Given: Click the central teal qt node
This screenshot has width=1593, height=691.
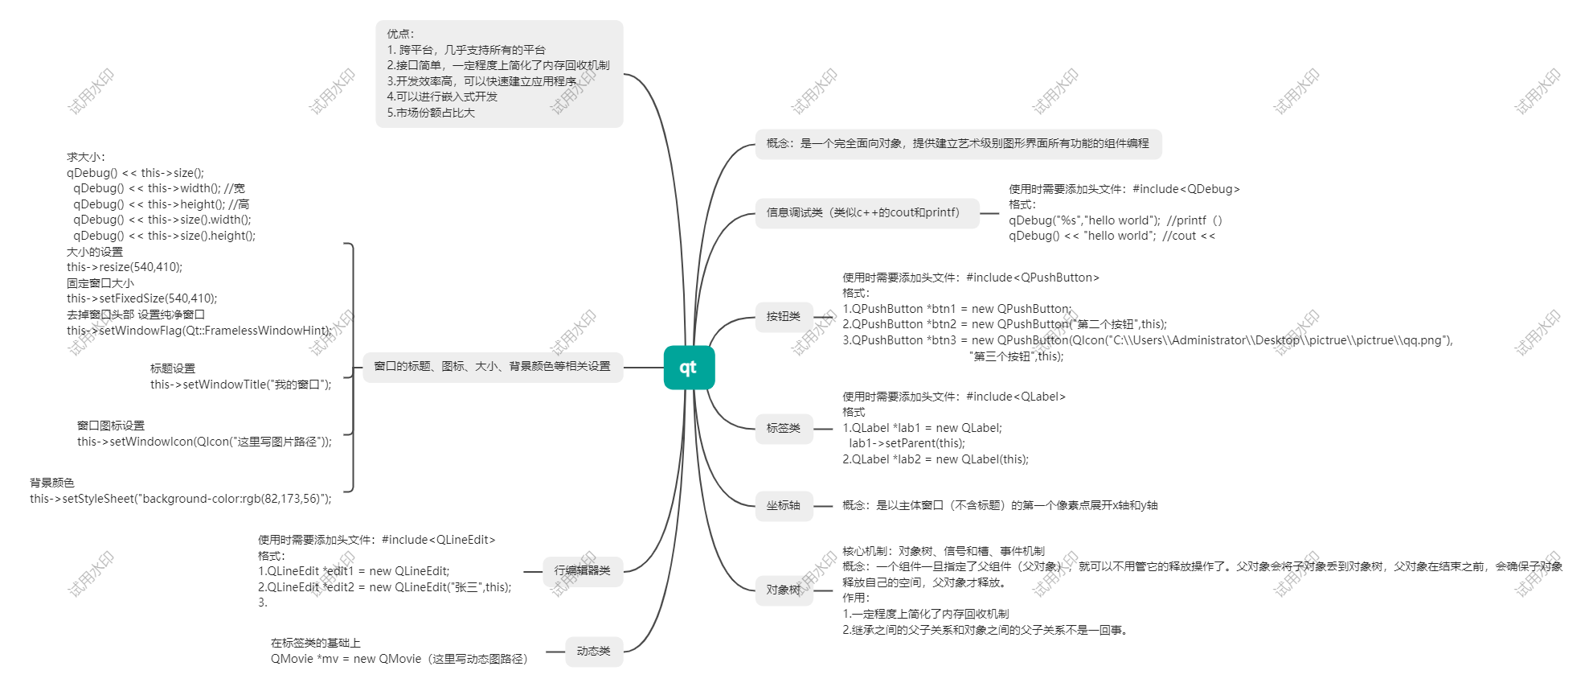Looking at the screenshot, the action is click(689, 368).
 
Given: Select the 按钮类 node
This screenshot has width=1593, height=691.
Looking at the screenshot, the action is click(784, 317).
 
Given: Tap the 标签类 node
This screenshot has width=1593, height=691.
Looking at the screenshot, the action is click(784, 429).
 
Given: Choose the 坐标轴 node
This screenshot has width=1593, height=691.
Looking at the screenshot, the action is click(784, 506).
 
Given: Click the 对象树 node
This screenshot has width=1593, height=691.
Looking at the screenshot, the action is click(784, 590).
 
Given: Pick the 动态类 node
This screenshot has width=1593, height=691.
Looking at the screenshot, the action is click(593, 652).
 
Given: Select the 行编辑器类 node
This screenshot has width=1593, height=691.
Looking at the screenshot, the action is click(582, 571).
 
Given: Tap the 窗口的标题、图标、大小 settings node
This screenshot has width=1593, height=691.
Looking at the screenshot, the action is click(492, 367).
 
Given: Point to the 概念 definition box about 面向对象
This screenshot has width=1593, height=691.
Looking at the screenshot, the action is click(957, 144).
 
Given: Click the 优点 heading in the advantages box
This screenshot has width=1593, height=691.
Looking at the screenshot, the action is click(400, 34).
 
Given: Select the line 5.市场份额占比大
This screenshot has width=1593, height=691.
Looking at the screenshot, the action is click(431, 113).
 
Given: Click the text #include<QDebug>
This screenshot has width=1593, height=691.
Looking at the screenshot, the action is click(1186, 189).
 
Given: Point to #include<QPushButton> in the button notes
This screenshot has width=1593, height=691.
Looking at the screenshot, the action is click(1032, 278).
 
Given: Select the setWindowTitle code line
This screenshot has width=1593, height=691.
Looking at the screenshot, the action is click(240, 385).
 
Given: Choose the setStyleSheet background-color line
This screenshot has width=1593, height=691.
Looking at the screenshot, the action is click(181, 499).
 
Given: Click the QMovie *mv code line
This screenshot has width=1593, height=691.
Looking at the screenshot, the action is click(399, 659).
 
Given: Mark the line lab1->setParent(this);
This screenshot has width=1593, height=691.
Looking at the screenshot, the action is click(907, 443).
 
